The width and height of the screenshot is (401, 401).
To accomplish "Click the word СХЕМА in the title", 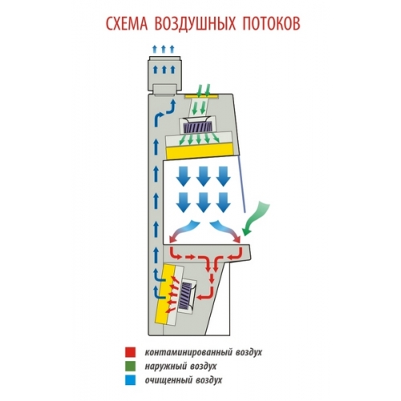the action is pyautogui.click(x=127, y=23).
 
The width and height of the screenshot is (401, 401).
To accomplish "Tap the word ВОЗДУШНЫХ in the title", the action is pyautogui.click(x=195, y=24).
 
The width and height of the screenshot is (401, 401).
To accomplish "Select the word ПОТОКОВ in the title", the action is pyautogui.click(x=272, y=23).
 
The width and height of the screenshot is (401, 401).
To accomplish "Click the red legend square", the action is pyautogui.click(x=130, y=352).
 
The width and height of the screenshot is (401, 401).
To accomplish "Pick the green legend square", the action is pyautogui.click(x=130, y=366).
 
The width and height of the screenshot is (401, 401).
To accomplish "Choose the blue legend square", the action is pyautogui.click(x=130, y=380).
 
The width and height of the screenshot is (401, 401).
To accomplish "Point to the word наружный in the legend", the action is pyautogui.click(x=165, y=366).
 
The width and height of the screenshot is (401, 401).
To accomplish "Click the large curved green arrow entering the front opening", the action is pyautogui.click(x=256, y=219).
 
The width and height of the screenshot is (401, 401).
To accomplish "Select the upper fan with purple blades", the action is pyautogui.click(x=196, y=126).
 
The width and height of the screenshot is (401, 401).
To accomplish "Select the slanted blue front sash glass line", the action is pyautogui.click(x=241, y=185).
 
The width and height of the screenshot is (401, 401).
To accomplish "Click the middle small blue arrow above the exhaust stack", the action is pyautogui.click(x=164, y=49).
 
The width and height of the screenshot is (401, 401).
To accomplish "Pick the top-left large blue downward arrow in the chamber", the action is pyautogui.click(x=184, y=176).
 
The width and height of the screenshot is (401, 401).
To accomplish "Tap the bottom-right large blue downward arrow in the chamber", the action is pyautogui.click(x=223, y=202).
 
